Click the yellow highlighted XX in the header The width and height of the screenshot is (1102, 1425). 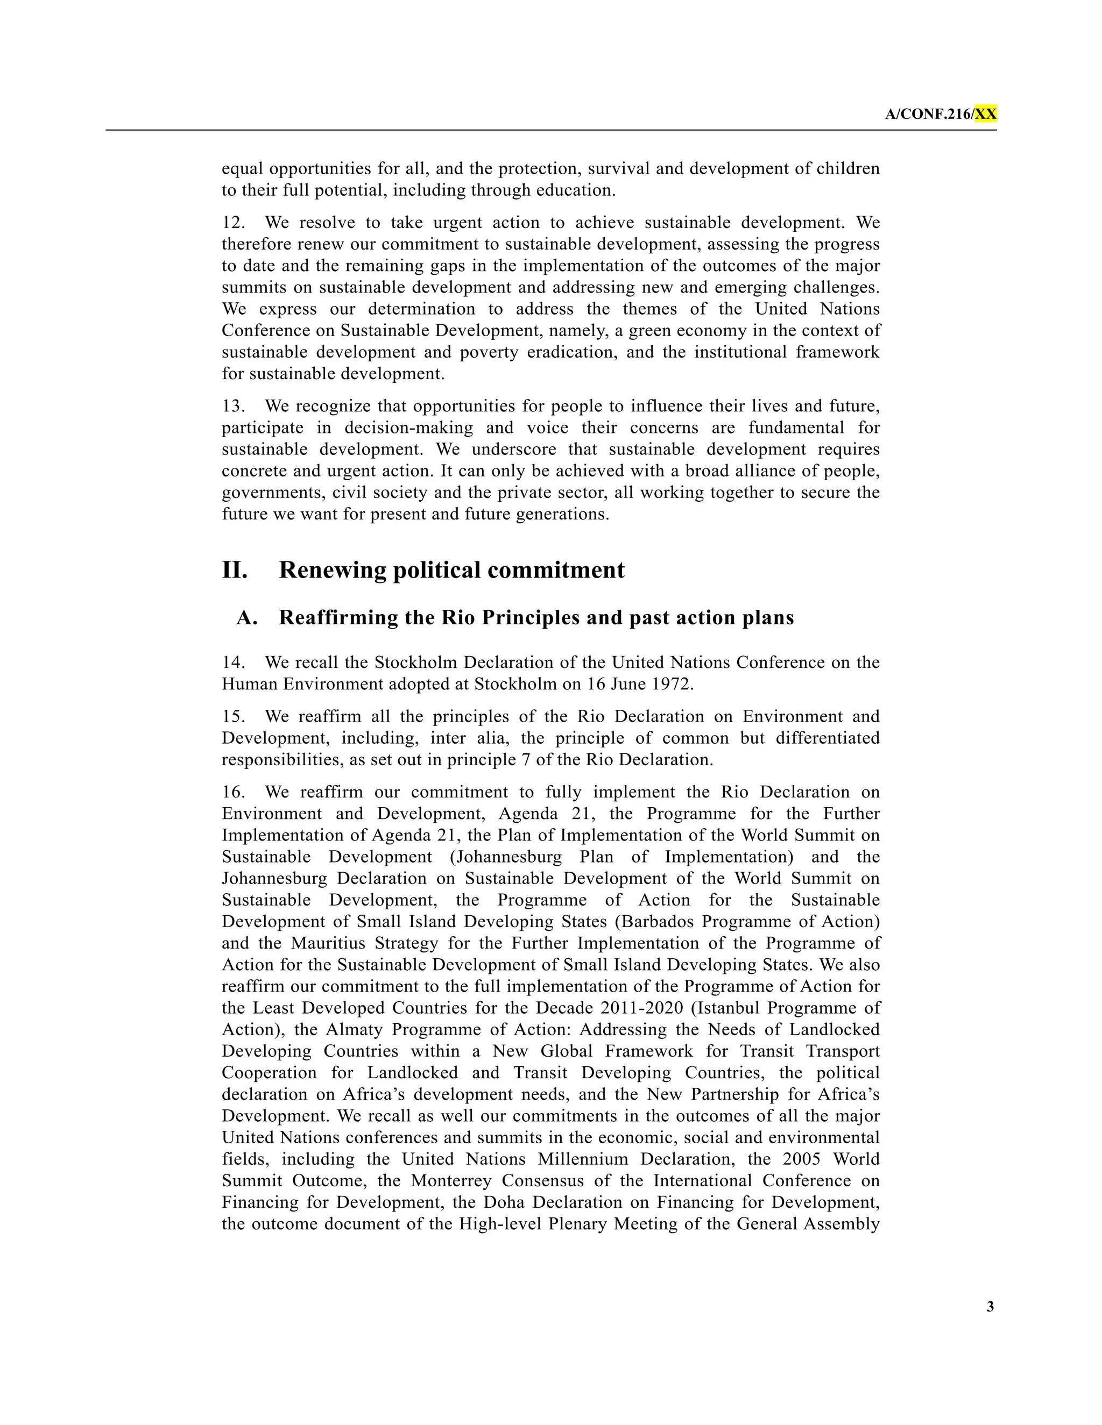coord(985,114)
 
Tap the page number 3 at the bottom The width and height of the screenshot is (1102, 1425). coord(990,1306)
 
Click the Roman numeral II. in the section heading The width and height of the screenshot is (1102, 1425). coord(235,569)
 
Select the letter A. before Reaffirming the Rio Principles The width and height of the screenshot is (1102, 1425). coord(247,617)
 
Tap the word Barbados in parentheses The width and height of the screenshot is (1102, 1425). coord(684,922)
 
